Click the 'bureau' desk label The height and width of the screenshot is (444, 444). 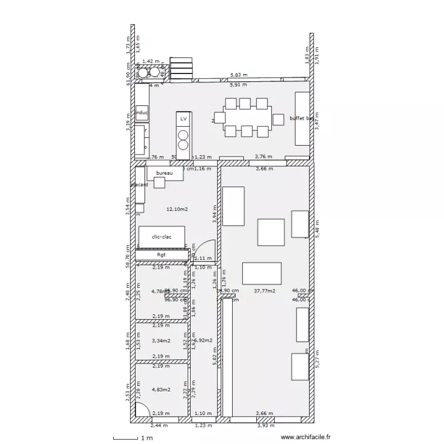tap(164, 173)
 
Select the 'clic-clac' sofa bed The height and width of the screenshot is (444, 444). tap(162, 237)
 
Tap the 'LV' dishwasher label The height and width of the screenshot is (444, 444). tap(184, 119)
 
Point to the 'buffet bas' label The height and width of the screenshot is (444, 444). tap(302, 118)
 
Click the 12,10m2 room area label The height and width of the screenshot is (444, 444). tap(177, 209)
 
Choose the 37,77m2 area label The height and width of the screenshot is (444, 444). tap(264, 291)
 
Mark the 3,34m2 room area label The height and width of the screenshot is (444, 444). tap(161, 340)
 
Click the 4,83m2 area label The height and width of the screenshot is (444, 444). tap(161, 389)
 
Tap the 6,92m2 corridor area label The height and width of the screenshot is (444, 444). tap(203, 341)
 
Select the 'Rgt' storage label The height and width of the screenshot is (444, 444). tap(161, 255)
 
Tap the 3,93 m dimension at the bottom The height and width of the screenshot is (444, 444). tap(263, 425)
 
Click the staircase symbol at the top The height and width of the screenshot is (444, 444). tap(181, 67)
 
